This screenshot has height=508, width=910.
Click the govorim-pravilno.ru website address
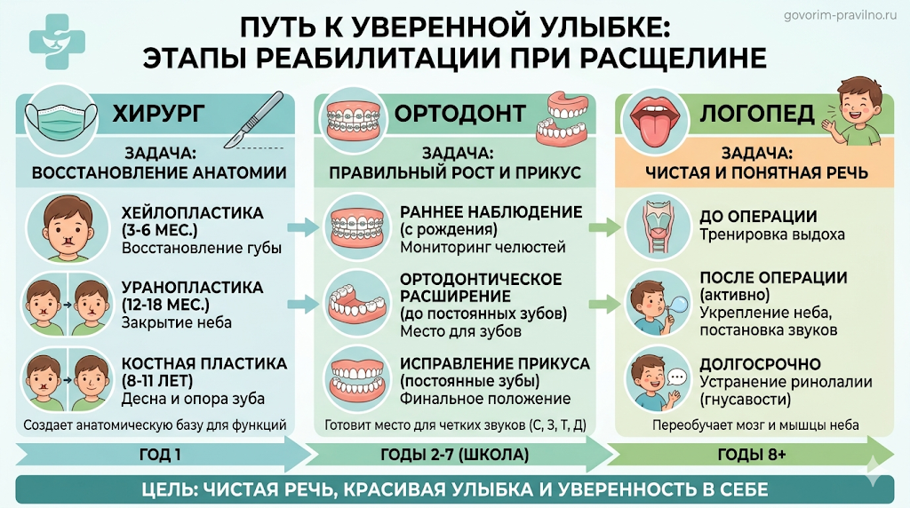840,16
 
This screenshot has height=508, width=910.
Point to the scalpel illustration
254,120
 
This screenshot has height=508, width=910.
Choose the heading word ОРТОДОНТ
460,114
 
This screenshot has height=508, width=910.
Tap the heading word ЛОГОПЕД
757,114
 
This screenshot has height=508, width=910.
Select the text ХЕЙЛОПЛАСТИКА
192,213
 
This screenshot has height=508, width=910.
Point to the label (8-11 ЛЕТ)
156,381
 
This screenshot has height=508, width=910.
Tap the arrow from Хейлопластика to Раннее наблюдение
303,226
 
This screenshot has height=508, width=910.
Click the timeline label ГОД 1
160,455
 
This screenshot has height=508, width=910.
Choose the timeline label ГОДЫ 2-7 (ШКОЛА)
454,455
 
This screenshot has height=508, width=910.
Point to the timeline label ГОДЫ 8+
752,455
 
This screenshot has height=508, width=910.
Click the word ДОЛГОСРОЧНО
760,364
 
